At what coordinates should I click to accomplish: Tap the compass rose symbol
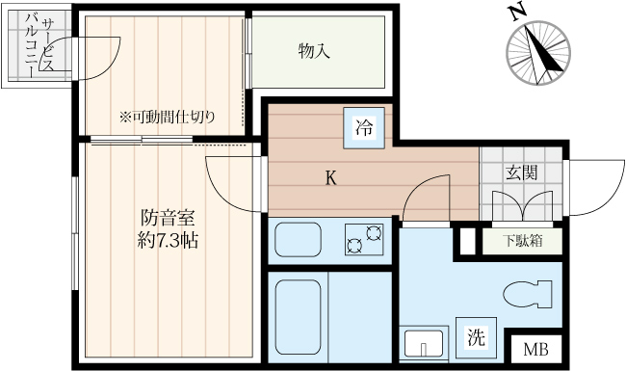pos(539,52)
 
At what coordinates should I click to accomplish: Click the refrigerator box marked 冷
pos(365,126)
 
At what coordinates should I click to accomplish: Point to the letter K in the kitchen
pos(329,178)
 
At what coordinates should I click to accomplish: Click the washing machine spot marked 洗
pos(475,336)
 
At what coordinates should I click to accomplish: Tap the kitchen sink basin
pos(299,240)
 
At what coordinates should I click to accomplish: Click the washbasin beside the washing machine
pos(424,342)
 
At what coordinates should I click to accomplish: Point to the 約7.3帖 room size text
pos(169,240)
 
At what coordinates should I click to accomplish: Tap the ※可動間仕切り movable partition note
pos(167,118)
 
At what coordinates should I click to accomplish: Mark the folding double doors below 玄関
pos(520,205)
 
